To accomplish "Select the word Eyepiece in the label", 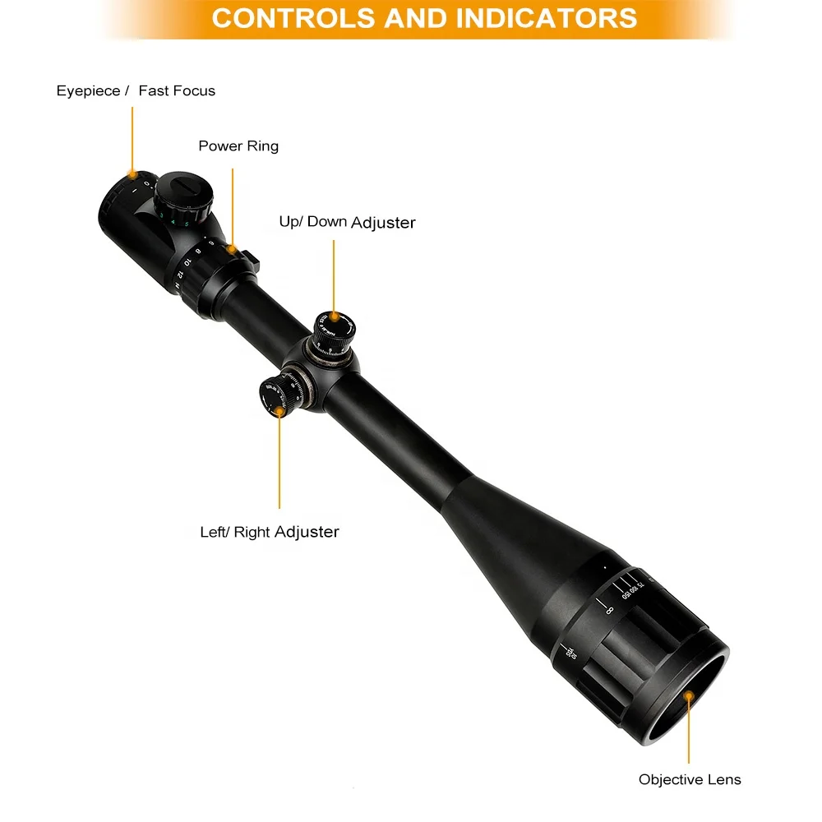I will click(88, 90).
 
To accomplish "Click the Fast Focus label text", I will click(177, 90).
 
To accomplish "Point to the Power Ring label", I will click(238, 146).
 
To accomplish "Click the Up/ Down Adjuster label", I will click(347, 223).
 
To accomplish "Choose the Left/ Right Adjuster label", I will click(270, 532).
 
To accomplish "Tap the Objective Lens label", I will click(690, 780).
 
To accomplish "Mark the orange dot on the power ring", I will click(233, 247).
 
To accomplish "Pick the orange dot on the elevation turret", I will click(334, 316).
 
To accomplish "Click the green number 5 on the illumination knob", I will click(187, 224).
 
